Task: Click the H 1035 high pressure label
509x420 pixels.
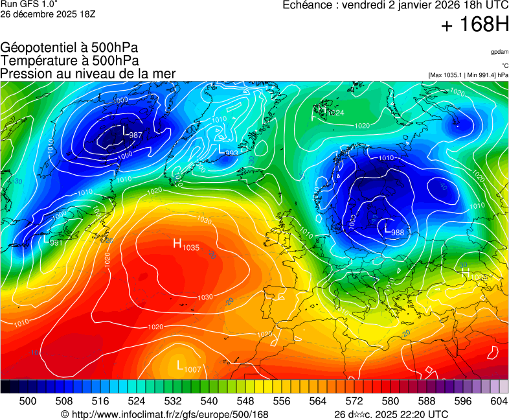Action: point(186,244)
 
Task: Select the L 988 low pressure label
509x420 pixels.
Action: point(394,230)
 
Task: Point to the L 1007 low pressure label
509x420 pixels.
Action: point(189,367)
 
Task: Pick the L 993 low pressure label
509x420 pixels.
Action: point(229,150)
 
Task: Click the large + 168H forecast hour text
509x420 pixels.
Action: point(474,25)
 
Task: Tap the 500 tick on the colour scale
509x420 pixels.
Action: point(27,401)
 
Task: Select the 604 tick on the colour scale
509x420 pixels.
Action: point(499,401)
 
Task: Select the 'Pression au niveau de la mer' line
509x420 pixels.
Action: point(88,73)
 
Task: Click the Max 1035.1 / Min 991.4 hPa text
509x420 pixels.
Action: point(468,75)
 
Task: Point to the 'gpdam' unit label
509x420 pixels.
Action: point(499,51)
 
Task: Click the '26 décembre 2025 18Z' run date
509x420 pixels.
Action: point(48,14)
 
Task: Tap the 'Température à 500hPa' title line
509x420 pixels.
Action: point(69,60)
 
